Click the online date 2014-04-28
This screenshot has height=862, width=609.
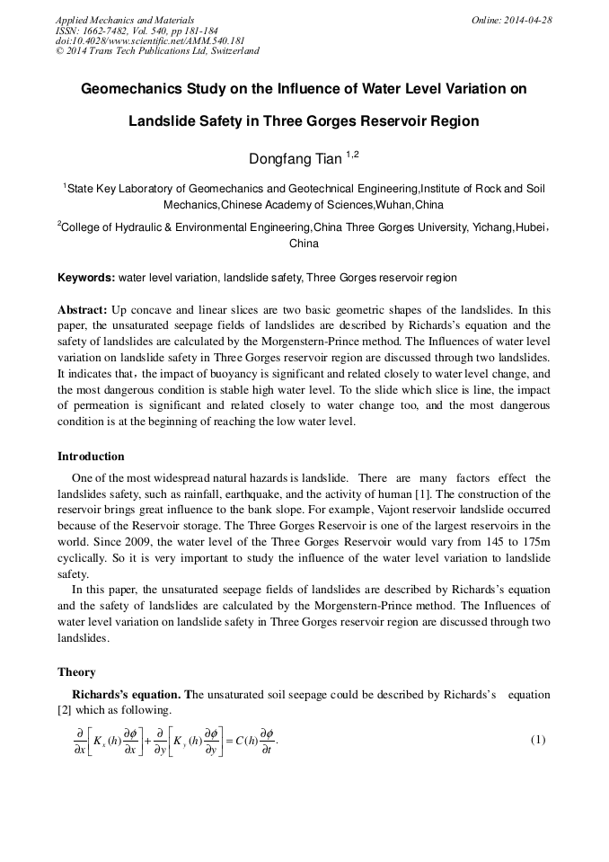(527, 20)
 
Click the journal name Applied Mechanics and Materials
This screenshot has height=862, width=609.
(125, 20)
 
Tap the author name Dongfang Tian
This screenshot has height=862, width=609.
(295, 159)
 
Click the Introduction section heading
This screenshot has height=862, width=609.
(91, 457)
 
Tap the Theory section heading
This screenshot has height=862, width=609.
(76, 672)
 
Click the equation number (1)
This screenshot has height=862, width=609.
(538, 740)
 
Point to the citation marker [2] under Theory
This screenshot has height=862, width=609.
(65, 710)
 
